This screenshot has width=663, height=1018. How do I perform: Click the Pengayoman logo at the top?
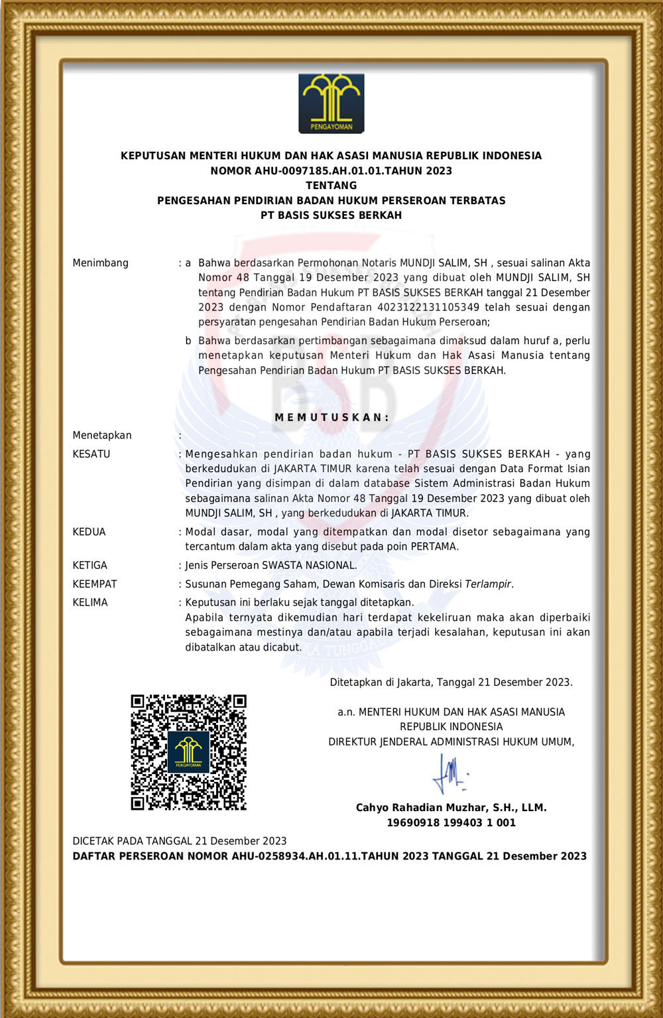(x=331, y=103)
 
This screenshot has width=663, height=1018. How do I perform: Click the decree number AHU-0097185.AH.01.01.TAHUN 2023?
(x=353, y=170)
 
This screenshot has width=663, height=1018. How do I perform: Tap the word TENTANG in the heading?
(x=331, y=186)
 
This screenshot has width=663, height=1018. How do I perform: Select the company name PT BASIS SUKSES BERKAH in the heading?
(x=331, y=216)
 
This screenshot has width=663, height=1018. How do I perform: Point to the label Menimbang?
(x=100, y=263)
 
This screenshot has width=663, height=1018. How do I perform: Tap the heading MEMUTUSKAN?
(x=331, y=417)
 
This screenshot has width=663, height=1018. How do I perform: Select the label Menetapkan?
(x=102, y=435)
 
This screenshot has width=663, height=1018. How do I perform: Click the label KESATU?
(x=91, y=454)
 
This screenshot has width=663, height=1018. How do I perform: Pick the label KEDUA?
(x=89, y=532)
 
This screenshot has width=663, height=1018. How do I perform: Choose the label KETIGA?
(x=90, y=565)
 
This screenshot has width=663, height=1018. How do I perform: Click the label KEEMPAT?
(x=95, y=584)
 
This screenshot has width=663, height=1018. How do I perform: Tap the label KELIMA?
(x=90, y=602)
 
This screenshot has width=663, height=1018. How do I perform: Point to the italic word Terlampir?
(x=488, y=584)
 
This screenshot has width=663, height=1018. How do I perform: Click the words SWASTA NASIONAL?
(x=309, y=565)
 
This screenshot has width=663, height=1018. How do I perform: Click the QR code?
(x=188, y=752)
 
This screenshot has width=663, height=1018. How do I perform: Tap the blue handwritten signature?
(x=450, y=774)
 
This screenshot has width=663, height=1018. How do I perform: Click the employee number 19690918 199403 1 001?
(x=451, y=822)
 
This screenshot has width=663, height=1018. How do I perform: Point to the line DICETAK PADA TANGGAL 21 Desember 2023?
(x=180, y=841)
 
